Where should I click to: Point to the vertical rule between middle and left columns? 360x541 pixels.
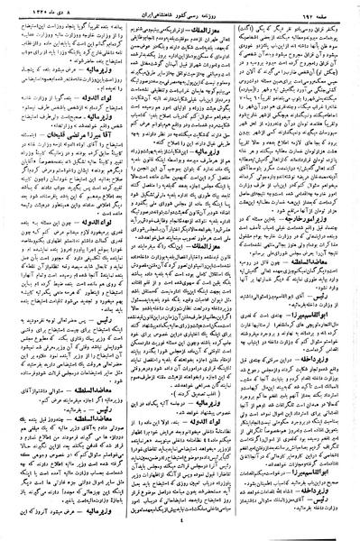121,270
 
